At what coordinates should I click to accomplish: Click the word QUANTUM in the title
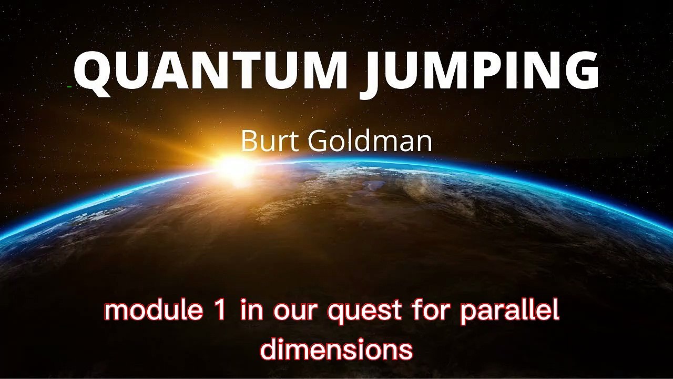click(210, 72)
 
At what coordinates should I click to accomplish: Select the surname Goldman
click(369, 141)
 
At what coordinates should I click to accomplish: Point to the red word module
click(153, 311)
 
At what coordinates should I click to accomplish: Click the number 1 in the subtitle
click(221, 311)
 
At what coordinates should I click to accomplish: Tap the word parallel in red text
click(509, 312)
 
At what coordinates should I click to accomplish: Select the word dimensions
click(336, 349)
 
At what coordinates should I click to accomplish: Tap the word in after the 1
click(251, 311)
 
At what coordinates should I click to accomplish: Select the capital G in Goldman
click(319, 141)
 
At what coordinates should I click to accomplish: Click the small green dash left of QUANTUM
click(70, 85)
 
